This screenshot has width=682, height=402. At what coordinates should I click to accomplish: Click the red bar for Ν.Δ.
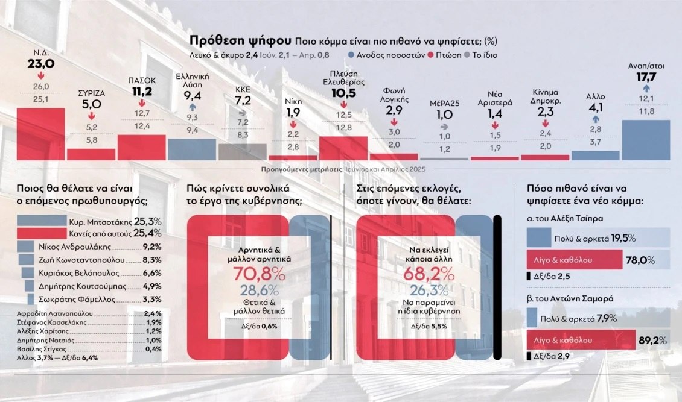click(x=40, y=134)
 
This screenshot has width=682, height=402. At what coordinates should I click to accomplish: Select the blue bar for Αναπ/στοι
click(x=645, y=139)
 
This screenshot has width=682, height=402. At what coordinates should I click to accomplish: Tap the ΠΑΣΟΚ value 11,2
click(x=142, y=92)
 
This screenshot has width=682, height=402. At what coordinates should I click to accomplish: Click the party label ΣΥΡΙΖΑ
click(x=91, y=93)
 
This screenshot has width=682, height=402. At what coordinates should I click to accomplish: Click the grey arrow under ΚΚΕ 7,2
click(x=243, y=112)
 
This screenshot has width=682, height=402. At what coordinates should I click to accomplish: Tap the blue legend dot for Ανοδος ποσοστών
click(x=351, y=55)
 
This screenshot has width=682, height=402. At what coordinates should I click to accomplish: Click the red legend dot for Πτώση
click(x=431, y=55)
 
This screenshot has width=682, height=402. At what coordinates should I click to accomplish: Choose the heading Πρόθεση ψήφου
click(x=240, y=41)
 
